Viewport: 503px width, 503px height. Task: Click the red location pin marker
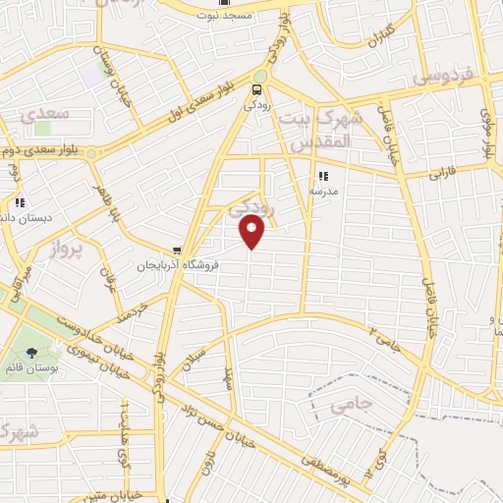[252, 231]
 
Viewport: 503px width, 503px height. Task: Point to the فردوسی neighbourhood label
[443, 75]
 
